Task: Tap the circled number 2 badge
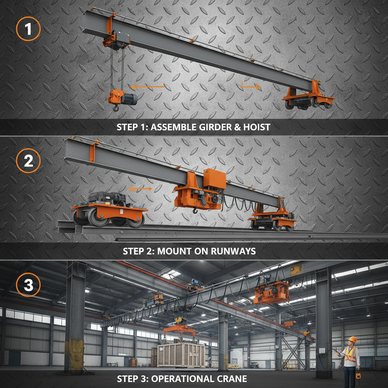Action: [28, 161]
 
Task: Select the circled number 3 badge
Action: [28, 285]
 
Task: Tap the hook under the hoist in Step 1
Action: [116, 109]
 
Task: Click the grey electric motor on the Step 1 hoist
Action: [129, 99]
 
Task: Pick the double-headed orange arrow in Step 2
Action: [140, 188]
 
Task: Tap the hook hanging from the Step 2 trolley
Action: [195, 210]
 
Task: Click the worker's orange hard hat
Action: [352, 339]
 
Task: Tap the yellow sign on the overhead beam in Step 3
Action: [296, 270]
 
